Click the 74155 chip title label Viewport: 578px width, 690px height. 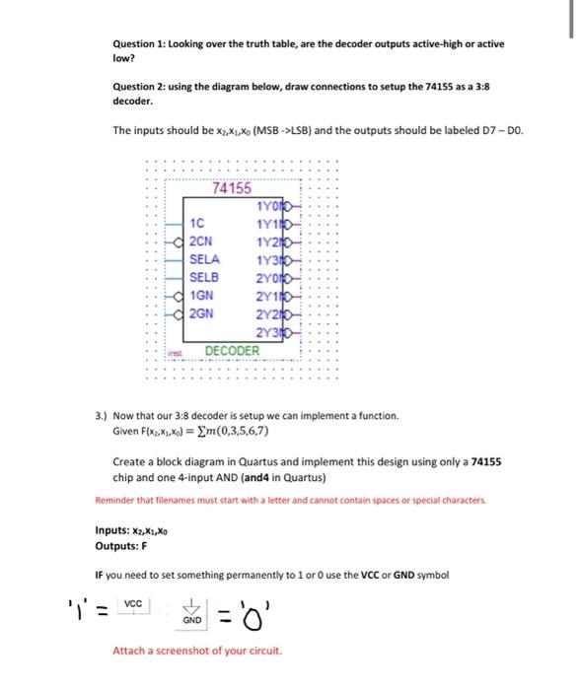(x=232, y=189)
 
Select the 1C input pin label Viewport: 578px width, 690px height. (x=197, y=223)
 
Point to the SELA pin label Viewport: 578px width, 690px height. (x=204, y=259)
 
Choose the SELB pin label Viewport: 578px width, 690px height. (x=204, y=277)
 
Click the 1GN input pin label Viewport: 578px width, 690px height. (x=201, y=296)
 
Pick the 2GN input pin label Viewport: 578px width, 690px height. (x=201, y=313)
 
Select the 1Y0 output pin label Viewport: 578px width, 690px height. (x=267, y=206)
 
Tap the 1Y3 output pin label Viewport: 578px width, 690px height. (x=267, y=260)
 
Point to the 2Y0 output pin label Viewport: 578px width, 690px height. (x=267, y=278)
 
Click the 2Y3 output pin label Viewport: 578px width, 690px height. (x=267, y=332)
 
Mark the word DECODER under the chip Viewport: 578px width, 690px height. (x=232, y=351)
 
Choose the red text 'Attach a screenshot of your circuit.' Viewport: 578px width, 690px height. (x=197, y=651)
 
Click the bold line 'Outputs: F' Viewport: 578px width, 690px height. (x=120, y=544)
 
